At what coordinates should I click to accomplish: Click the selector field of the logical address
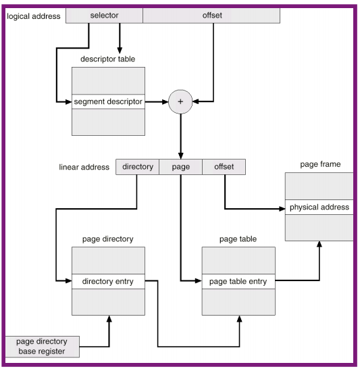104,15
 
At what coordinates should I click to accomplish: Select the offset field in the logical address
212,15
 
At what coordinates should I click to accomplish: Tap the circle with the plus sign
180,102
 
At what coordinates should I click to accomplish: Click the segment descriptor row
108,102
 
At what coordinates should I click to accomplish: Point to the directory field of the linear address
137,166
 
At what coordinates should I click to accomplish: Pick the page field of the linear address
180,166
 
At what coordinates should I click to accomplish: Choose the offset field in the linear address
224,166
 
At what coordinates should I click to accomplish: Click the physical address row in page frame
319,207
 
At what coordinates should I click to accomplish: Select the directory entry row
108,280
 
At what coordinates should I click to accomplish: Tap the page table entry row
238,280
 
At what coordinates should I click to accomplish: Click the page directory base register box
43,347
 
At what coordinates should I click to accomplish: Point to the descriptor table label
108,58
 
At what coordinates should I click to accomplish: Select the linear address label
84,166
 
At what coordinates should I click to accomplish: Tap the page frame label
319,164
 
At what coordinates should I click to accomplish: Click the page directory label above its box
108,239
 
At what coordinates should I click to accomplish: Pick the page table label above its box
238,239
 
